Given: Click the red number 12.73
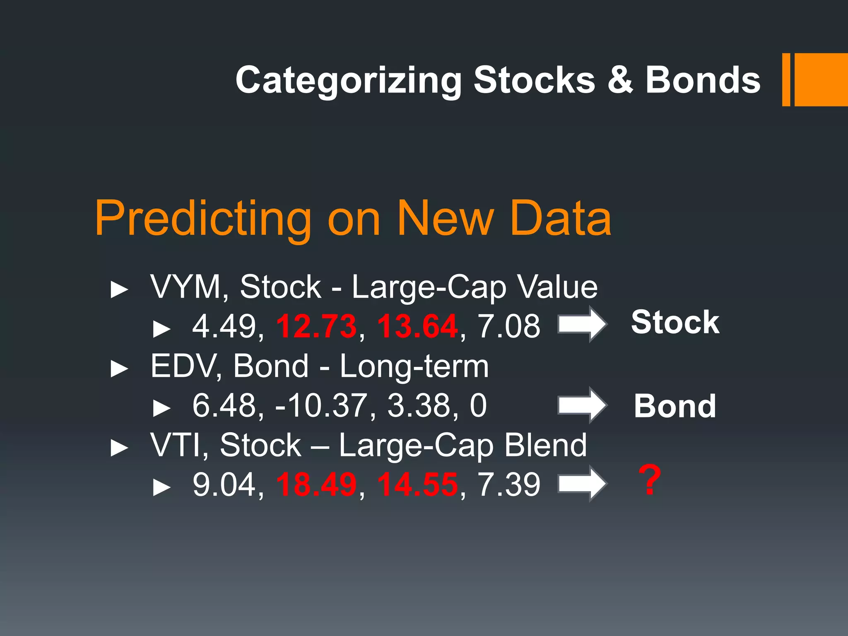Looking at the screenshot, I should point(316,326).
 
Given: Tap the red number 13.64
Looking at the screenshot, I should point(417,326).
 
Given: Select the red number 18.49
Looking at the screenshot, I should point(316,484).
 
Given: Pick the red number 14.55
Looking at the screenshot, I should point(417,484).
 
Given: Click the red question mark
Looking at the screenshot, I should point(649,480).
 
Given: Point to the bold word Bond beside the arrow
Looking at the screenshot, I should point(675,406).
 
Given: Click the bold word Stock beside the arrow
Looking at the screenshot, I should point(675,322).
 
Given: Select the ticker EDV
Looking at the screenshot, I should point(182,366).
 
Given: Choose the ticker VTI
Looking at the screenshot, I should point(176,446).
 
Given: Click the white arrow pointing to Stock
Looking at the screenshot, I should point(582,324).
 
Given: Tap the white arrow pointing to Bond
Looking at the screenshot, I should point(582,405).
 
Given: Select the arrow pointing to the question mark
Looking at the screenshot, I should point(582,484).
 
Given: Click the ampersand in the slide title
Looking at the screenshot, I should point(620,80).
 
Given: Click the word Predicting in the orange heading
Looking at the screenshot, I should point(203,219).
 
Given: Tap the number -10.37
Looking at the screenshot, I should point(321,406).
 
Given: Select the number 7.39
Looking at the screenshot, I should point(509,484).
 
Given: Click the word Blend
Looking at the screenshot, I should point(545,446).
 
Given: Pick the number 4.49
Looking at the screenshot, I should point(224,326).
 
